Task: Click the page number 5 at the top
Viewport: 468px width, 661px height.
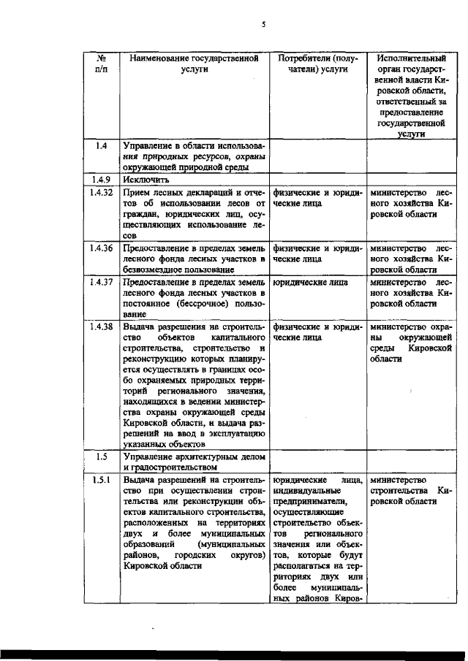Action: coord(264,24)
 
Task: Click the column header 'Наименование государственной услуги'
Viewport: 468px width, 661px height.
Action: coord(195,64)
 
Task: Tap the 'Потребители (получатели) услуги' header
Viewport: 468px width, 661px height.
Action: coord(317,64)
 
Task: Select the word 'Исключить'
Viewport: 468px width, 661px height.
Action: coord(147,179)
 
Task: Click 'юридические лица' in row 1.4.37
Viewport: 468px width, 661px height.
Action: coord(306,281)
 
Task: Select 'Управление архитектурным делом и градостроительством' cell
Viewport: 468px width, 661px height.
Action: coord(195,462)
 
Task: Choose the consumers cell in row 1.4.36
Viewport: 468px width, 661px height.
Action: coord(317,253)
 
